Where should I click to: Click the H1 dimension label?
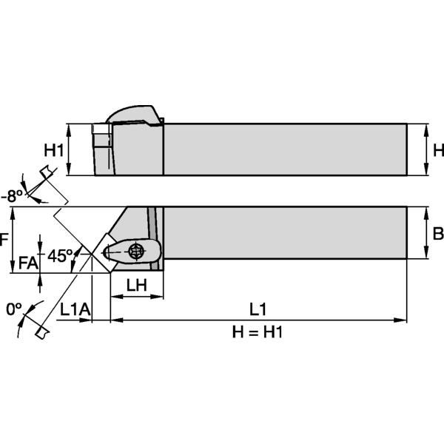coord(52,150)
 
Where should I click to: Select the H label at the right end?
coord(437,150)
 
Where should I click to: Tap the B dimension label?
coord(437,234)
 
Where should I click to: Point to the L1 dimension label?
coord(258,308)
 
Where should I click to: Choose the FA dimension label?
coord(27,262)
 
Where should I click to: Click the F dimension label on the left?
coord(4,240)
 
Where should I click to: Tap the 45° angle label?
coord(61,255)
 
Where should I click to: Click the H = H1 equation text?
coord(258,332)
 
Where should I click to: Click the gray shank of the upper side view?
coord(285,149)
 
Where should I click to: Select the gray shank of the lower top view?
coord(285,233)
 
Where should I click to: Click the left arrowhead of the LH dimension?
coord(115,297)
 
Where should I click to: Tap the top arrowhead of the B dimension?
coord(427,212)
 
